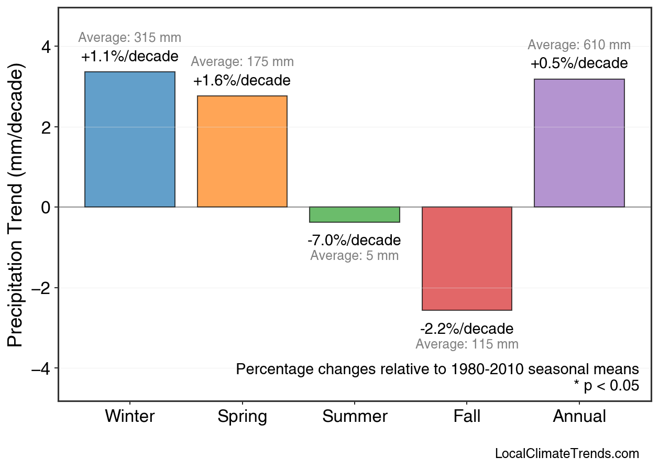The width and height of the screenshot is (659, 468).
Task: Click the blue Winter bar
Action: (x=130, y=139)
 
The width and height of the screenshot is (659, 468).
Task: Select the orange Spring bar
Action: (x=242, y=151)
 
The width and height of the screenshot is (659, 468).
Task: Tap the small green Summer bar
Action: (x=355, y=215)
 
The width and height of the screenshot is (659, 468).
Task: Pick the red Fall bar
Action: (x=467, y=258)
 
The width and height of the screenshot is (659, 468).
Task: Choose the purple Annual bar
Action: (x=579, y=143)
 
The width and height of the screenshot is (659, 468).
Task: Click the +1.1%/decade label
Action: (x=130, y=57)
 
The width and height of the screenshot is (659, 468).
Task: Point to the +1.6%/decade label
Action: (x=241, y=81)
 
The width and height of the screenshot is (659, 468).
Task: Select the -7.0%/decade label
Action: (x=354, y=241)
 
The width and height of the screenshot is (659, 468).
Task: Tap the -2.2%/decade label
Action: (x=467, y=329)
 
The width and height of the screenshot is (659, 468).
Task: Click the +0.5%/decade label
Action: (x=579, y=64)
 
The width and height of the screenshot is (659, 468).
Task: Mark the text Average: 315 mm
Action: (x=130, y=38)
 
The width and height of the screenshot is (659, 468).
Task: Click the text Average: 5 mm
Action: (x=354, y=256)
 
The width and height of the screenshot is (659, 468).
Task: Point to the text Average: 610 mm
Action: (x=579, y=45)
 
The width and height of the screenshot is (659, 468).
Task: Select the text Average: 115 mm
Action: (x=467, y=344)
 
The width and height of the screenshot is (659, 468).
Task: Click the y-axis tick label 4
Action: (x=46, y=47)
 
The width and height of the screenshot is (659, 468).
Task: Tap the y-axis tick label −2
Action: (x=41, y=288)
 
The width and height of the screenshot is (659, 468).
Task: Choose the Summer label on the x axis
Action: (x=355, y=417)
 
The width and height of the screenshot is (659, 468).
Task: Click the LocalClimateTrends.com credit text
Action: (x=567, y=454)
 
